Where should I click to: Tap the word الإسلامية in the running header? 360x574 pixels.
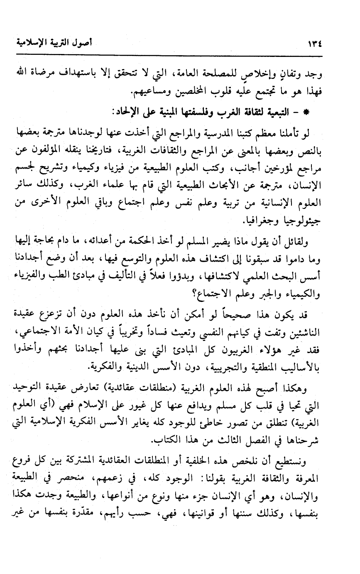click(x=32, y=43)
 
